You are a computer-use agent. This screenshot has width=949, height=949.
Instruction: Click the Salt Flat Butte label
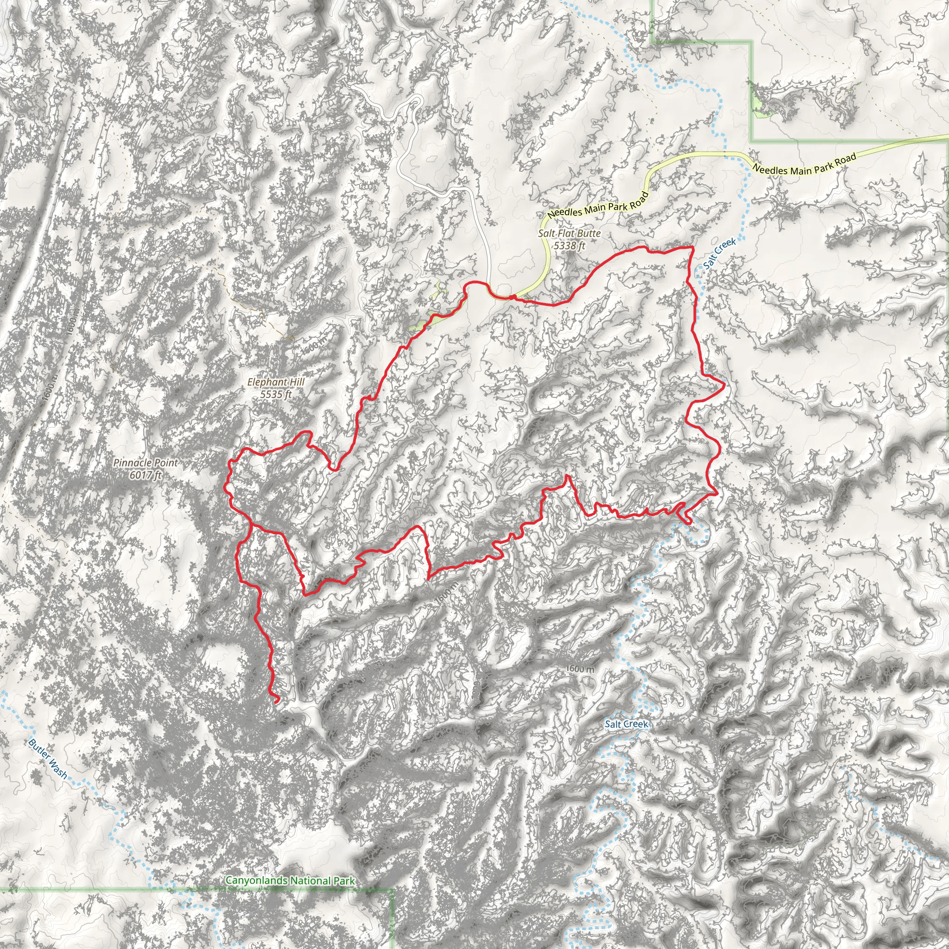569,234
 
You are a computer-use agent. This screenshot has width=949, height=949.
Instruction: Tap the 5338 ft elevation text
569,245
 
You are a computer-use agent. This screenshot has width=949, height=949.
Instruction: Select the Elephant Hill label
276,382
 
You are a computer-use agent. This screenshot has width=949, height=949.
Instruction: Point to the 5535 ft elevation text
276,394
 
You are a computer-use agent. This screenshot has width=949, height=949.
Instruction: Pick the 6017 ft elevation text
146,474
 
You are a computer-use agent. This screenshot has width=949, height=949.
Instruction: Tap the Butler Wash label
48,759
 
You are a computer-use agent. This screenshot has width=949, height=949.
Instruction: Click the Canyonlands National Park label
290,881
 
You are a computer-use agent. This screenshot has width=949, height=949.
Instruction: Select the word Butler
39,750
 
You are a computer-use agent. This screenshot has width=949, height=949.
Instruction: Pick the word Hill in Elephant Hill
296,382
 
